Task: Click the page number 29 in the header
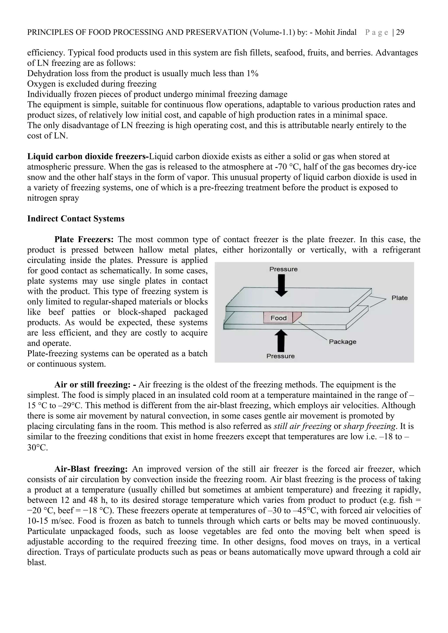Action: (400, 33)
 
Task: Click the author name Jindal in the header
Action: (346, 33)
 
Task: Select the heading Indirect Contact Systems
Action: (76, 219)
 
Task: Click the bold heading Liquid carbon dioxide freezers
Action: (88, 157)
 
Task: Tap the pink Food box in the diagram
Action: (279, 318)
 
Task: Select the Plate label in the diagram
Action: (399, 298)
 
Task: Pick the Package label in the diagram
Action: (343, 342)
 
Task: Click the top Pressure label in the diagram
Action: (283, 269)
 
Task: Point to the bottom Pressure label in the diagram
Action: (280, 356)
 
